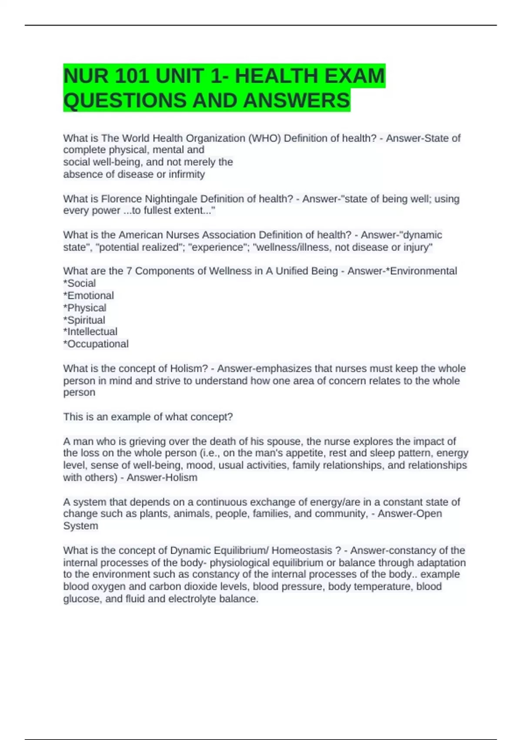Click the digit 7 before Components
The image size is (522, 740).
129,271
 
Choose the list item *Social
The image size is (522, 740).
80,283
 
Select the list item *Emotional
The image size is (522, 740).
89,296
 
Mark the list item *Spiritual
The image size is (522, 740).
84,320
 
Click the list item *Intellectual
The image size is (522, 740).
90,332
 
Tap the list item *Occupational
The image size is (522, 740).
96,344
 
